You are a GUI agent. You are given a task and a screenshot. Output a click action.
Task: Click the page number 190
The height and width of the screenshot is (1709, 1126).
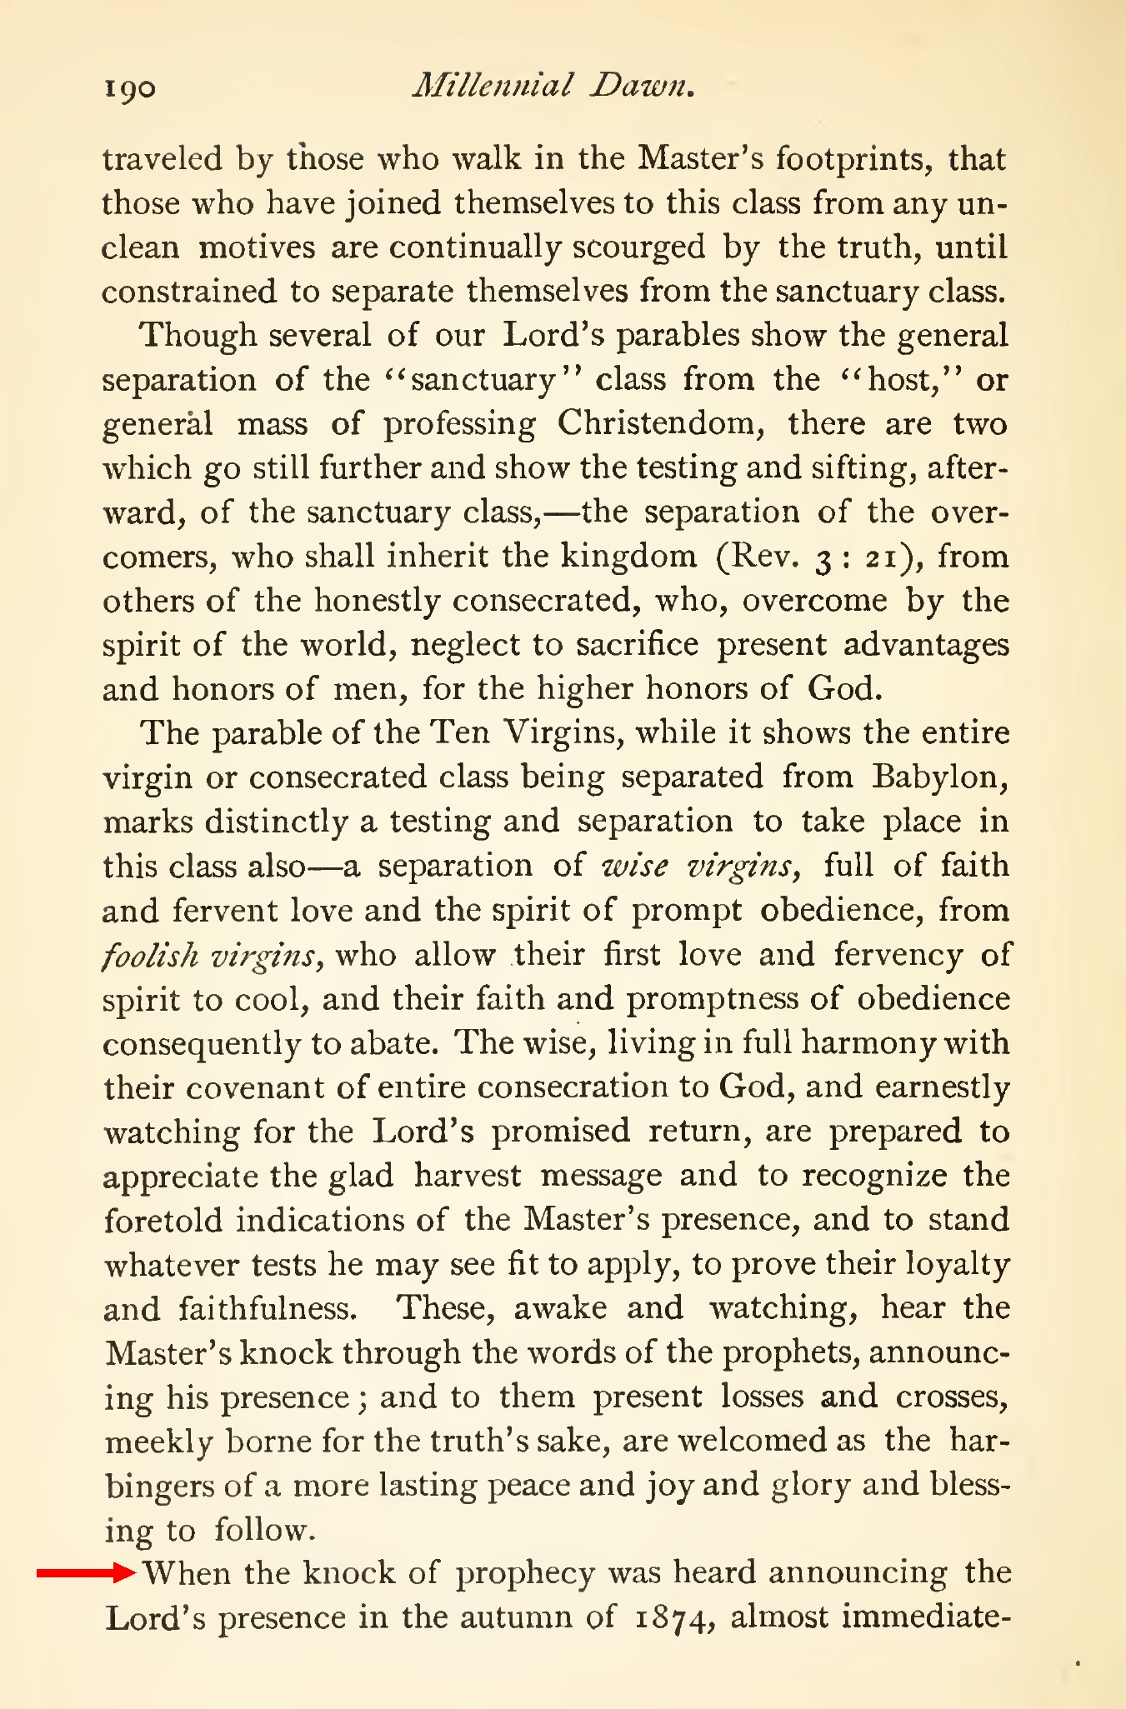coord(129,87)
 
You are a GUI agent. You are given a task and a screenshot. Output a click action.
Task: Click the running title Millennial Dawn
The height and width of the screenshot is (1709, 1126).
coord(554,85)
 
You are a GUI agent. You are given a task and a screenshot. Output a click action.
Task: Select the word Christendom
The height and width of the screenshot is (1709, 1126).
coord(657,423)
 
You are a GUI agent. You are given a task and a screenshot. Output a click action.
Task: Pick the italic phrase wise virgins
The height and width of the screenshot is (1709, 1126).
coord(701,865)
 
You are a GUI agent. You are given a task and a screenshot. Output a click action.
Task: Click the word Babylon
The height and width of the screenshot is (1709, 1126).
coord(939,777)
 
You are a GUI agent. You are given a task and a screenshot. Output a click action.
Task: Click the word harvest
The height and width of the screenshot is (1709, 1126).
coord(467,1175)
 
